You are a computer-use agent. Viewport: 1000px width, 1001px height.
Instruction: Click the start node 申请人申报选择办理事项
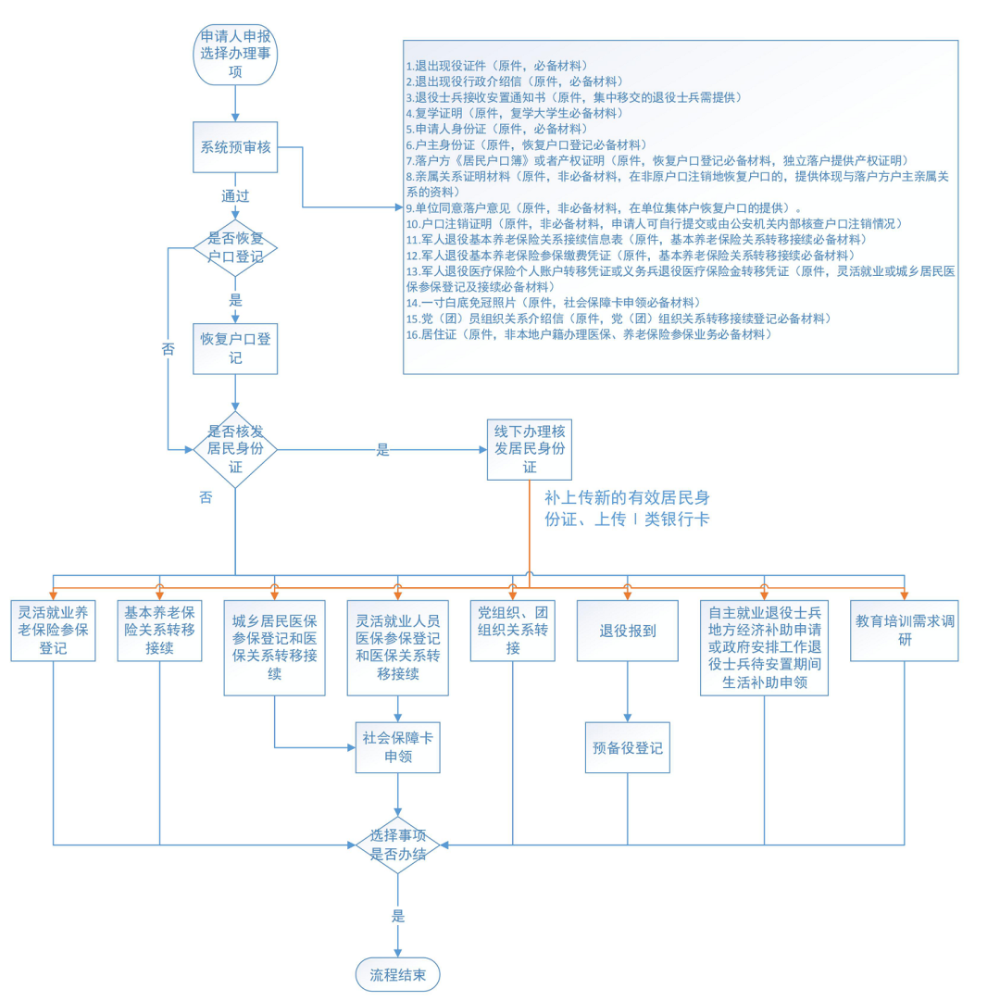(235, 55)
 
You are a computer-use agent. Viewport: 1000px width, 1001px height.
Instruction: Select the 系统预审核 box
(235, 145)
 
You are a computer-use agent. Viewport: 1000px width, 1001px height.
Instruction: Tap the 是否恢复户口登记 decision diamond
(235, 248)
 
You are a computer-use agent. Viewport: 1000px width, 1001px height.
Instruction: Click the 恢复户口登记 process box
(235, 348)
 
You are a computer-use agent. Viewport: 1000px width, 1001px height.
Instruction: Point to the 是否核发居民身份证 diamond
(235, 449)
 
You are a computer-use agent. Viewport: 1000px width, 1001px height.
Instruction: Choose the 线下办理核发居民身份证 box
(529, 449)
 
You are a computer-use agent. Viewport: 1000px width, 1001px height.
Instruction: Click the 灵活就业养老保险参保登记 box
(53, 631)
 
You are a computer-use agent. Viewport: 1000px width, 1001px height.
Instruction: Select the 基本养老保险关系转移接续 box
(159, 631)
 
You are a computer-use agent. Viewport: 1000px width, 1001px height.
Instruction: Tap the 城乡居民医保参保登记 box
(275, 647)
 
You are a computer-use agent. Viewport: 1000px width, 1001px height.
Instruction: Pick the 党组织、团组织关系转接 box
(512, 631)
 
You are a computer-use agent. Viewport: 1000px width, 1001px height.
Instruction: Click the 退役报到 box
(629, 631)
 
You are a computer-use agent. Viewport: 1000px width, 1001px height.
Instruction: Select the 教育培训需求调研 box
(903, 631)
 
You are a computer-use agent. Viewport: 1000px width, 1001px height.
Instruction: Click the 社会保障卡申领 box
(398, 746)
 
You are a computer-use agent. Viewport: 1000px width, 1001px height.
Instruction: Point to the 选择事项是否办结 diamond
(398, 845)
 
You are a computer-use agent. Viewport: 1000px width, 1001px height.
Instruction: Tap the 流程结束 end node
(398, 974)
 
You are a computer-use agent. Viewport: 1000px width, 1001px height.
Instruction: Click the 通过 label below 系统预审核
(235, 197)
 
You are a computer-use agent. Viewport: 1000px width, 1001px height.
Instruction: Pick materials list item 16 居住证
(588, 334)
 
